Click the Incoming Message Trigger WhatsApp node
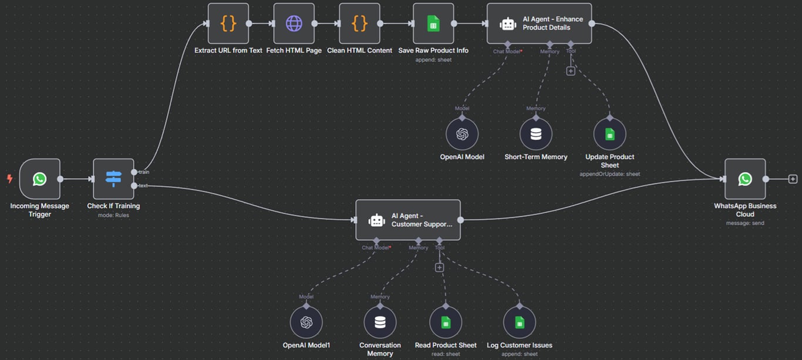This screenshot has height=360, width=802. (x=39, y=179)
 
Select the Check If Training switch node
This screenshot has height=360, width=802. (x=113, y=179)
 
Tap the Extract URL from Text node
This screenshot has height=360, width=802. (x=228, y=23)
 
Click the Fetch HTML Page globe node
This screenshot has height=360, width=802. (x=294, y=23)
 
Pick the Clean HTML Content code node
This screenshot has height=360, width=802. (x=359, y=23)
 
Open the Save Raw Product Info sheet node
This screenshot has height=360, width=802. (x=433, y=23)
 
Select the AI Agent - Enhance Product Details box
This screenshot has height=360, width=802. (x=539, y=23)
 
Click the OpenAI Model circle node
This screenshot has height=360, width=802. (x=462, y=134)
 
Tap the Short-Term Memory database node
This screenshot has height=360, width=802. (x=535, y=134)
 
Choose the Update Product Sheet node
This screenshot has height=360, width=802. (x=609, y=134)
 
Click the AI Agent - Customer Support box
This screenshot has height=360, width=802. (x=408, y=220)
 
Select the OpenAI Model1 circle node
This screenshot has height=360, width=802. (x=306, y=322)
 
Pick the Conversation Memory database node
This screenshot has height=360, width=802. (x=380, y=322)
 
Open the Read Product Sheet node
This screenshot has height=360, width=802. (x=446, y=322)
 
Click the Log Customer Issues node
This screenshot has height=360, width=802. (x=519, y=322)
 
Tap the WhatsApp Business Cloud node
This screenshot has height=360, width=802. (x=744, y=179)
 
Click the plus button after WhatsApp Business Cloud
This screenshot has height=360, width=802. (x=793, y=179)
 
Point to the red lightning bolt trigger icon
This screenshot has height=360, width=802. (x=9, y=179)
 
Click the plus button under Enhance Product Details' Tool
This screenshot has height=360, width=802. (x=570, y=71)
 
